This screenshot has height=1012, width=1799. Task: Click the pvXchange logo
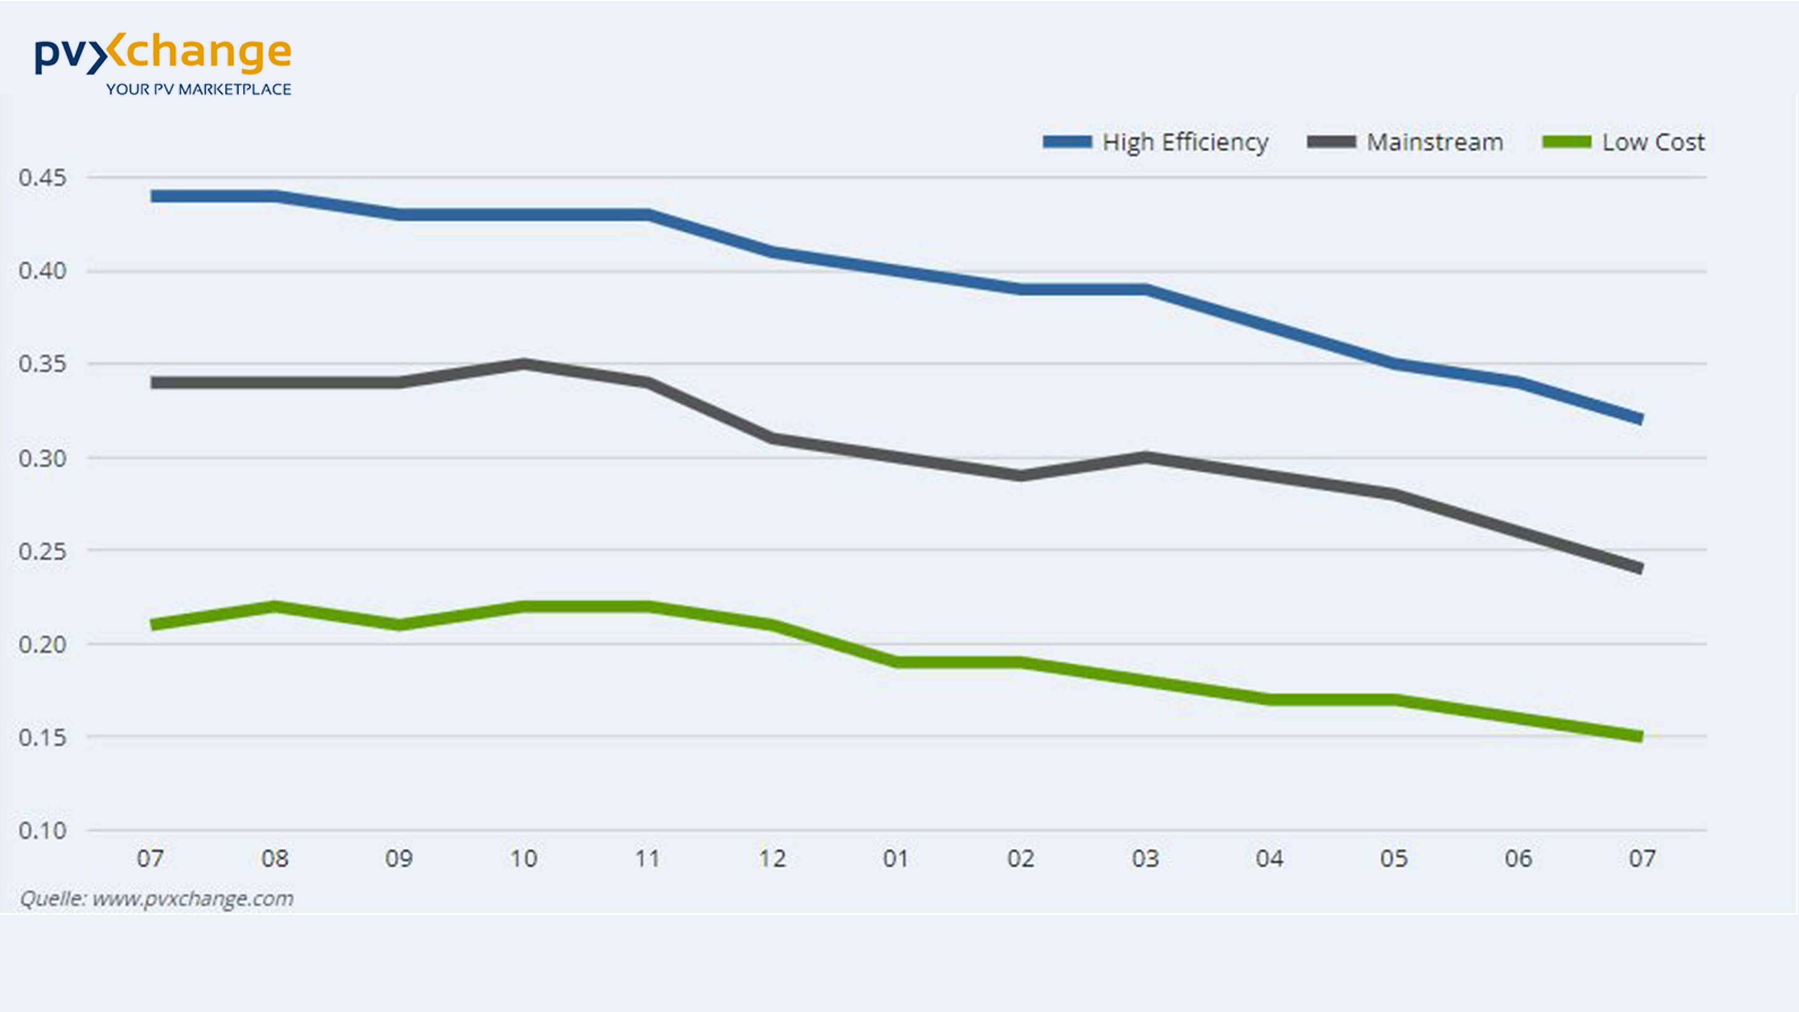coord(163,54)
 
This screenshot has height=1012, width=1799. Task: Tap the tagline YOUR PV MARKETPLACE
coord(198,89)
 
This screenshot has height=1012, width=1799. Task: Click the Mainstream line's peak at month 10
coord(523,364)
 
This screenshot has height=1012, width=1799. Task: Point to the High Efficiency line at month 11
coord(648,214)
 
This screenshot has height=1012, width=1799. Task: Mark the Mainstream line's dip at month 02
coord(1020,476)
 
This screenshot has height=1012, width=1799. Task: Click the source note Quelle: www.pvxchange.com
coord(156,898)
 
